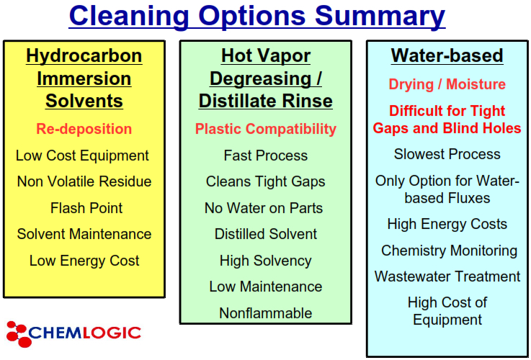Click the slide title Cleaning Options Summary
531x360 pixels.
[256, 16]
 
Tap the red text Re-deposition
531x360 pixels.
[84, 129]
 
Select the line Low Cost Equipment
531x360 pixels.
[82, 156]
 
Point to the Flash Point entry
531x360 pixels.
[86, 208]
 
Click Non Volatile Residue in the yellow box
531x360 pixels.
[84, 181]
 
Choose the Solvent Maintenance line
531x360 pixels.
[84, 234]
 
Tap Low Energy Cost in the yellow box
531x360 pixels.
[84, 261]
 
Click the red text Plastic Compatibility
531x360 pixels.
[266, 130]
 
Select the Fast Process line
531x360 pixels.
[266, 156]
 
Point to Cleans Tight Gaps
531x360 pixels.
[265, 181]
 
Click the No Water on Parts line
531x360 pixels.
[264, 208]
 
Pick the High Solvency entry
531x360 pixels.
[265, 261]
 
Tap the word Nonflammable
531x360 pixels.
[265, 313]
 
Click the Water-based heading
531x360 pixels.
[447, 55]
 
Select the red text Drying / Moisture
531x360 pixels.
[447, 84]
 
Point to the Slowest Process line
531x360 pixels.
[447, 154]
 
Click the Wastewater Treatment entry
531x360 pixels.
[447, 276]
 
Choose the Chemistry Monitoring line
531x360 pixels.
[449, 251]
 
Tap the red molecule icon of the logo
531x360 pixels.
[18, 334]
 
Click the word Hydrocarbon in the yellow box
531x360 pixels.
[84, 56]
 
